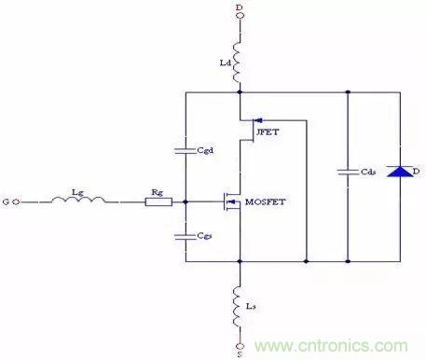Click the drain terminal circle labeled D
click(240, 15)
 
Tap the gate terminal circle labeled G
click(16, 201)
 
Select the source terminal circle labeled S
click(240, 346)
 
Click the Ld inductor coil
click(237, 62)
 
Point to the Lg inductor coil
click(78, 200)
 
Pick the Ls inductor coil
click(237, 306)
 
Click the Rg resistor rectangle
click(158, 202)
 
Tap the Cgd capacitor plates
click(186, 151)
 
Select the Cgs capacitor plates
click(186, 237)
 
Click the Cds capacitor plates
click(348, 172)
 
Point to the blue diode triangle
click(400, 172)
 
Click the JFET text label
click(268, 132)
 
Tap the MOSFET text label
click(265, 202)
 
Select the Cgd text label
click(205, 150)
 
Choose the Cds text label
click(368, 172)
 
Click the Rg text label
click(158, 193)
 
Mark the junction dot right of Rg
click(186, 202)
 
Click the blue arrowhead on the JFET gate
click(258, 120)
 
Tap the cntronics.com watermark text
click(331, 346)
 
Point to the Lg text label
click(77, 192)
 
